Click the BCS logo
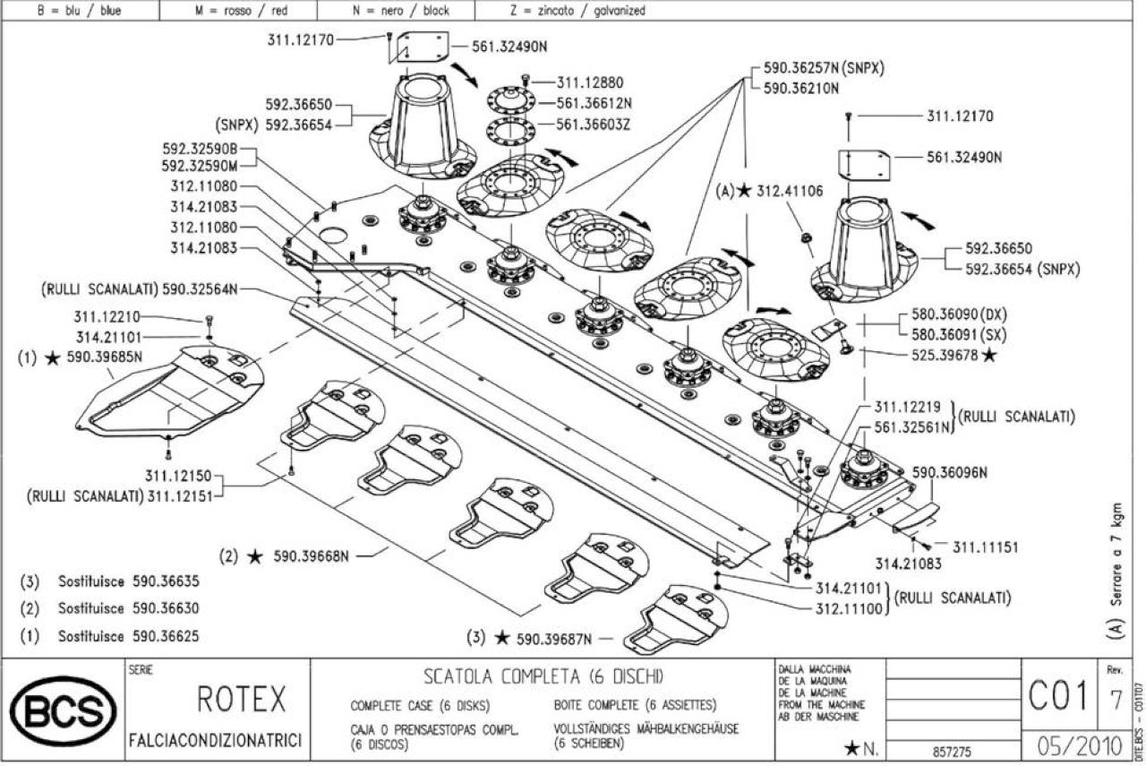tap(64, 710)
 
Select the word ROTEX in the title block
tap(242, 699)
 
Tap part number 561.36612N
tap(594, 103)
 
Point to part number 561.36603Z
tap(593, 125)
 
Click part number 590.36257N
tap(801, 68)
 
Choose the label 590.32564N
tap(200, 289)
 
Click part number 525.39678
tap(945, 355)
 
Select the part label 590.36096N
tap(950, 473)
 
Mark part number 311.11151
tap(986, 547)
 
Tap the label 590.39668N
tap(311, 556)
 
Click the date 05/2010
tap(1080, 746)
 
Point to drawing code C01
tap(1058, 696)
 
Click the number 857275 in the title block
tap(952, 752)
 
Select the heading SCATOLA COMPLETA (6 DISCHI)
tap(543, 677)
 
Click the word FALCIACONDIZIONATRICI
tap(216, 740)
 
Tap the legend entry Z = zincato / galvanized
tap(577, 10)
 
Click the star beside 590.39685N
tap(52, 357)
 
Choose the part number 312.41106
tap(790, 191)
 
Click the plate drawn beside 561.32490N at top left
tap(423, 47)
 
